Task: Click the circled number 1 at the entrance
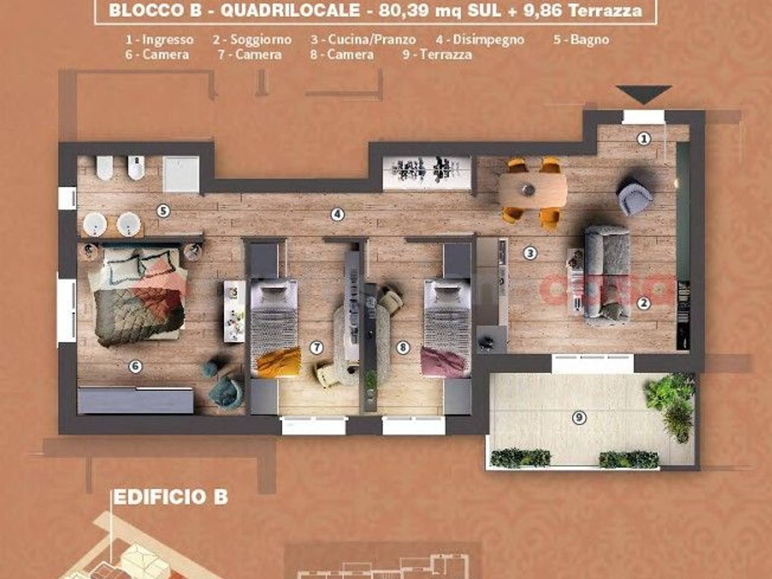pos(644,139)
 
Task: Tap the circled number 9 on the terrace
pos(579,417)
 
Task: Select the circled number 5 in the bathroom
pos(163,211)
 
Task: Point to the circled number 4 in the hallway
pos(337,215)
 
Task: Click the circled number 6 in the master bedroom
pos(136,367)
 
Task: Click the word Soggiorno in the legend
pos(261,40)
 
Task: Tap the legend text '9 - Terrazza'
pos(437,55)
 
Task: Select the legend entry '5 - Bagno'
pos(581,39)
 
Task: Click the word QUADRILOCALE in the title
pos(290,10)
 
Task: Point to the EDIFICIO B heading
pos(171,497)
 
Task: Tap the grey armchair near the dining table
pos(634,197)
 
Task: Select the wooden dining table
pos(533,191)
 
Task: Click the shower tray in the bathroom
pos(181,174)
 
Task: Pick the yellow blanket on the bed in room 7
pos(279,362)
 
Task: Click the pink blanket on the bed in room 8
pos(446,362)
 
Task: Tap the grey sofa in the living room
pos(607,273)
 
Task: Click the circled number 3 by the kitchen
pos(530,253)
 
